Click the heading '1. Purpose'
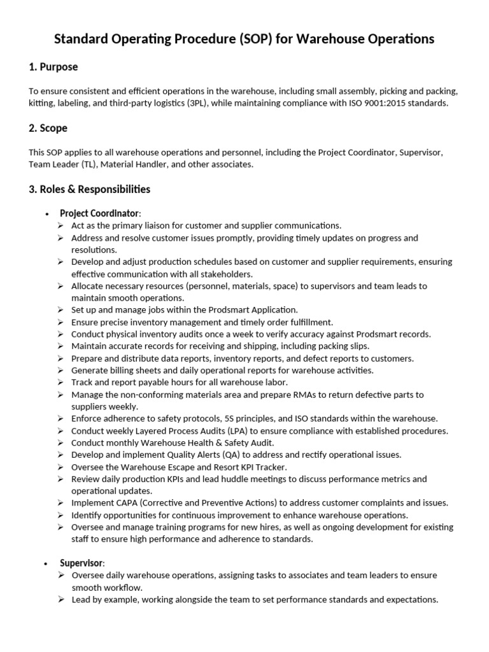[x=53, y=67]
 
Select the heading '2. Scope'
[x=48, y=128]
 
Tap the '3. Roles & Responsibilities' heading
[x=89, y=189]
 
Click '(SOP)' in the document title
[x=259, y=39]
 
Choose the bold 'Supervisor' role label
[x=81, y=563]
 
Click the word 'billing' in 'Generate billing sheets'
[x=124, y=371]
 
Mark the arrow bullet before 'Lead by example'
[x=60, y=600]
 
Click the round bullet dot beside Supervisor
[x=46, y=564]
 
